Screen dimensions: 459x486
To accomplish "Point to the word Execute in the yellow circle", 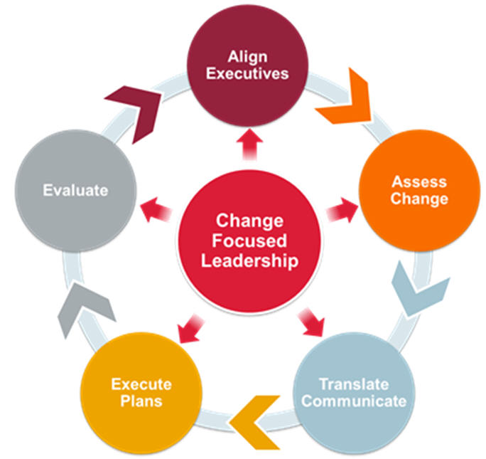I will (x=141, y=385).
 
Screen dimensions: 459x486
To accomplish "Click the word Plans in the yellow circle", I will (x=141, y=401).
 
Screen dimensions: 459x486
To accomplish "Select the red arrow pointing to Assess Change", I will (x=340, y=210).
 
